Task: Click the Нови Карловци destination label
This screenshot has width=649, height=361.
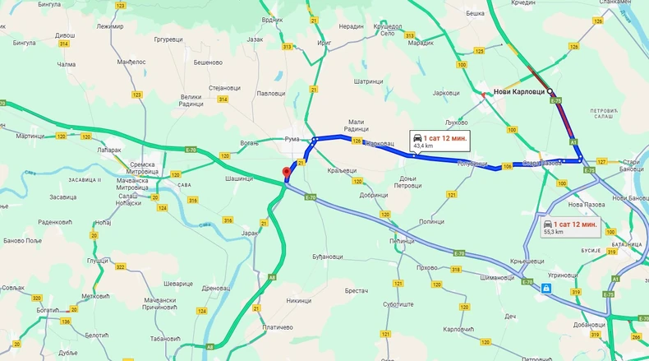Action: pyautogui.click(x=521, y=91)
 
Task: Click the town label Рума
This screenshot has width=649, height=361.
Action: pyautogui.click(x=292, y=139)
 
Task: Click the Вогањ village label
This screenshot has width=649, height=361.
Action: pyautogui.click(x=250, y=143)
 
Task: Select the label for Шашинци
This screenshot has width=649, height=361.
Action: pyautogui.click(x=238, y=178)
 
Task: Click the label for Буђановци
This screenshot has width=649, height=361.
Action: pyautogui.click(x=327, y=257)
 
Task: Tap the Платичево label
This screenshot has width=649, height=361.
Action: pyautogui.click(x=278, y=327)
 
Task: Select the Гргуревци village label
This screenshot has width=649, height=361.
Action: pyautogui.click(x=168, y=39)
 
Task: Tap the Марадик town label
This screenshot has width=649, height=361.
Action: pyautogui.click(x=420, y=42)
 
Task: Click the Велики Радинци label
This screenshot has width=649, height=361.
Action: pyautogui.click(x=191, y=100)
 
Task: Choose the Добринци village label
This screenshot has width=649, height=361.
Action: pyautogui.click(x=373, y=195)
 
